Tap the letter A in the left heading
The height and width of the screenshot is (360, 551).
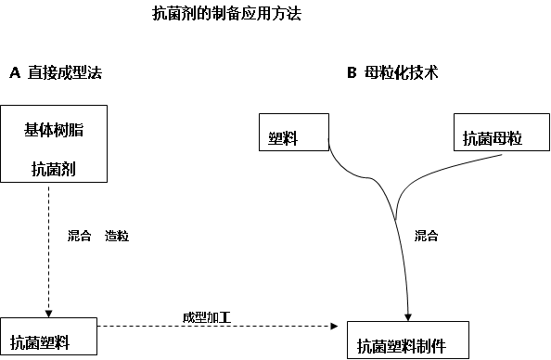click(x=14, y=71)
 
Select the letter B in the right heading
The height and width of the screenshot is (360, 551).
click(x=352, y=71)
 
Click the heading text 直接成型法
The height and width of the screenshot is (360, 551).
click(x=64, y=71)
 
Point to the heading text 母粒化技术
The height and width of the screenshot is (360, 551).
click(x=403, y=71)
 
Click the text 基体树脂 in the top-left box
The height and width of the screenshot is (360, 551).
click(x=54, y=130)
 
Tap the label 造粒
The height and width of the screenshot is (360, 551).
click(x=117, y=237)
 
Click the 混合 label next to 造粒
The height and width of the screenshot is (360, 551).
click(x=80, y=237)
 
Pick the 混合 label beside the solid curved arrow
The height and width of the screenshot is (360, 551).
click(x=426, y=236)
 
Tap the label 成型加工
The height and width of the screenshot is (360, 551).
click(x=206, y=317)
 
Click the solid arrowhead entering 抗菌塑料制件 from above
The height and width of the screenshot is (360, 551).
click(x=408, y=315)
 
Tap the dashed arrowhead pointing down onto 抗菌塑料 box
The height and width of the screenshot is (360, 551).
click(x=47, y=312)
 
